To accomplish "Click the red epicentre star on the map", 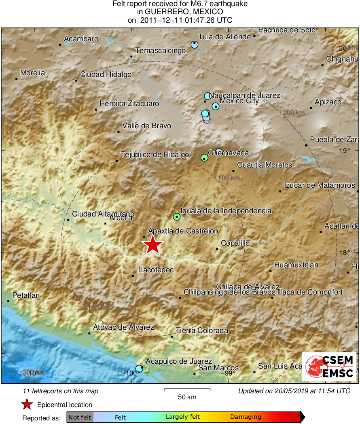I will (x=152, y=245).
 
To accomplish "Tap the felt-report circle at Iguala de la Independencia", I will (x=176, y=217).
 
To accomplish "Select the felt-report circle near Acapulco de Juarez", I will (x=139, y=369).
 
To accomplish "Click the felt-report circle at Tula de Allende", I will (x=195, y=45).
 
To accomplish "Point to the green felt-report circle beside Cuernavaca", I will (x=204, y=157).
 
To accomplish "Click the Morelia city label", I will (x=32, y=73).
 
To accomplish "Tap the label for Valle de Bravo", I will (x=146, y=126).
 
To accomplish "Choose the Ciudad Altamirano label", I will (x=103, y=214).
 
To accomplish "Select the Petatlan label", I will (x=26, y=295).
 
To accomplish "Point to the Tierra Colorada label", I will (x=202, y=331).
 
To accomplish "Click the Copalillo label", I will (x=235, y=244).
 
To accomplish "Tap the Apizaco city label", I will (x=328, y=102).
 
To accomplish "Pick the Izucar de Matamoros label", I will (x=320, y=185).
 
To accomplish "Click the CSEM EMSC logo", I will (x=329, y=366).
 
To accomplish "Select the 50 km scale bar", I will (x=187, y=390).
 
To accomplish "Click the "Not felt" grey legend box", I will (x=80, y=417).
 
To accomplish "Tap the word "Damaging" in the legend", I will (x=246, y=417).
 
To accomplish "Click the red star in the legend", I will (x=27, y=405).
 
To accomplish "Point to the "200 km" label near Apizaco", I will (x=294, y=113).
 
